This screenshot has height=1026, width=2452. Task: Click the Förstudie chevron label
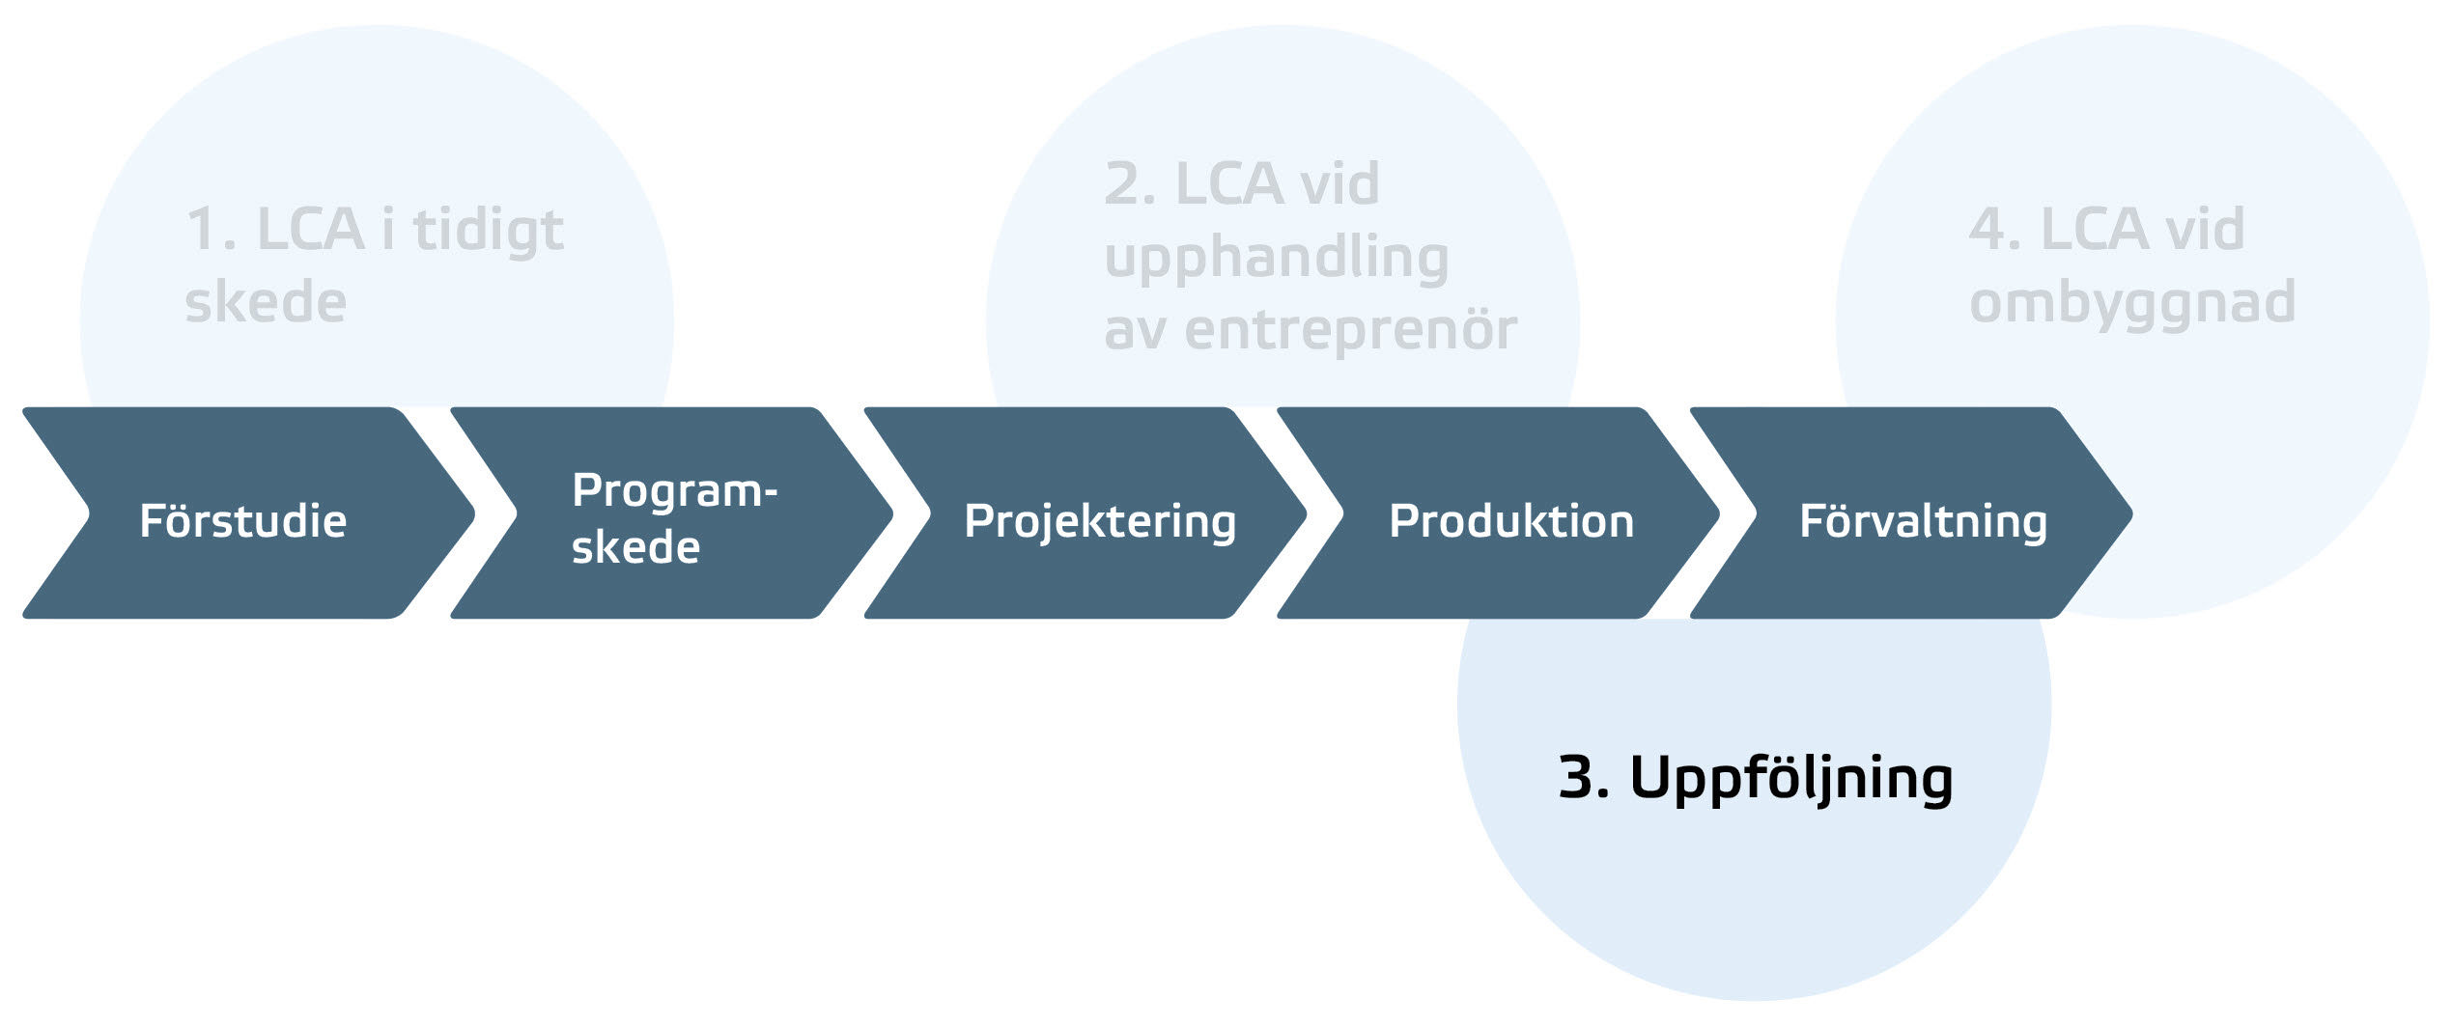coord(242,521)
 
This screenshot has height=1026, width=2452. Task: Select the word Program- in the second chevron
coord(674,491)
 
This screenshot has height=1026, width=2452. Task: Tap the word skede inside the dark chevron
coord(635,548)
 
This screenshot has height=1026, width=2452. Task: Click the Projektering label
coord(1100,522)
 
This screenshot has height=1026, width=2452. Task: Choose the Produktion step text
coord(1511,521)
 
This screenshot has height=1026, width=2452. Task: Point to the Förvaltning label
coord(1923,521)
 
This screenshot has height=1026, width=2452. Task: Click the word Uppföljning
coord(1791,778)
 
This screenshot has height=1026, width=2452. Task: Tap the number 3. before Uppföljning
coord(1584,778)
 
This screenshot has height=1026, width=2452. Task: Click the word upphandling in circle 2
coord(1276,259)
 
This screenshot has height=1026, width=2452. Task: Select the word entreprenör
coord(1350,330)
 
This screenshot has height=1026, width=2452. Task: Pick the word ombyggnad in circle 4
coord(2132,303)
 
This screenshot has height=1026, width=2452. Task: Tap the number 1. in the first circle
coord(210,231)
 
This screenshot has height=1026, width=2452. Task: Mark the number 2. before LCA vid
coord(1129,184)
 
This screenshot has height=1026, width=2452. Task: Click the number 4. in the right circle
coord(1994,231)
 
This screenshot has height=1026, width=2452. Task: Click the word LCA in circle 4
coord(2094,231)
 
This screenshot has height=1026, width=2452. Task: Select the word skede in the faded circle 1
coord(266,303)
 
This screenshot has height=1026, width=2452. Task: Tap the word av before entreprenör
coord(1134,331)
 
